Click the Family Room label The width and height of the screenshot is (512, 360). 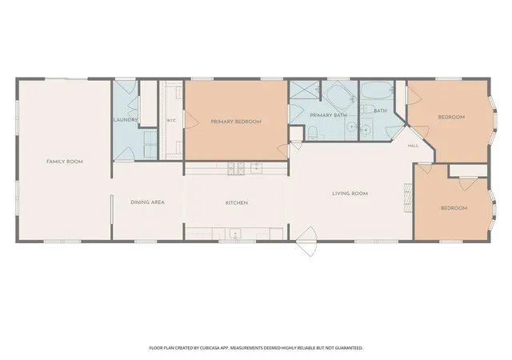65,162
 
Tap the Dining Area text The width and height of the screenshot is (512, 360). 147,202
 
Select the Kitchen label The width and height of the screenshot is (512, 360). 237,203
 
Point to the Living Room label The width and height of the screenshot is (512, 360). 350,194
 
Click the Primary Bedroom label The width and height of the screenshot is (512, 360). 236,122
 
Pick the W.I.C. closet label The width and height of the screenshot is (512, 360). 171,121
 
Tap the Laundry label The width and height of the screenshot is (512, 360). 126,120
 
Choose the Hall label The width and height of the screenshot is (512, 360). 413,146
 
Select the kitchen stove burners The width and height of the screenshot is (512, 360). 236,168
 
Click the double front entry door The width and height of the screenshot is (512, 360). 307,242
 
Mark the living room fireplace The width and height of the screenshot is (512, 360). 409,198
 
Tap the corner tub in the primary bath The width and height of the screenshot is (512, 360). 339,94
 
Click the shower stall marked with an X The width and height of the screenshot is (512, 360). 304,89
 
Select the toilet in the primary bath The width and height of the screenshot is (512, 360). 313,133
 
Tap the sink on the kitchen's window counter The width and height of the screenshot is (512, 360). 235,234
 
